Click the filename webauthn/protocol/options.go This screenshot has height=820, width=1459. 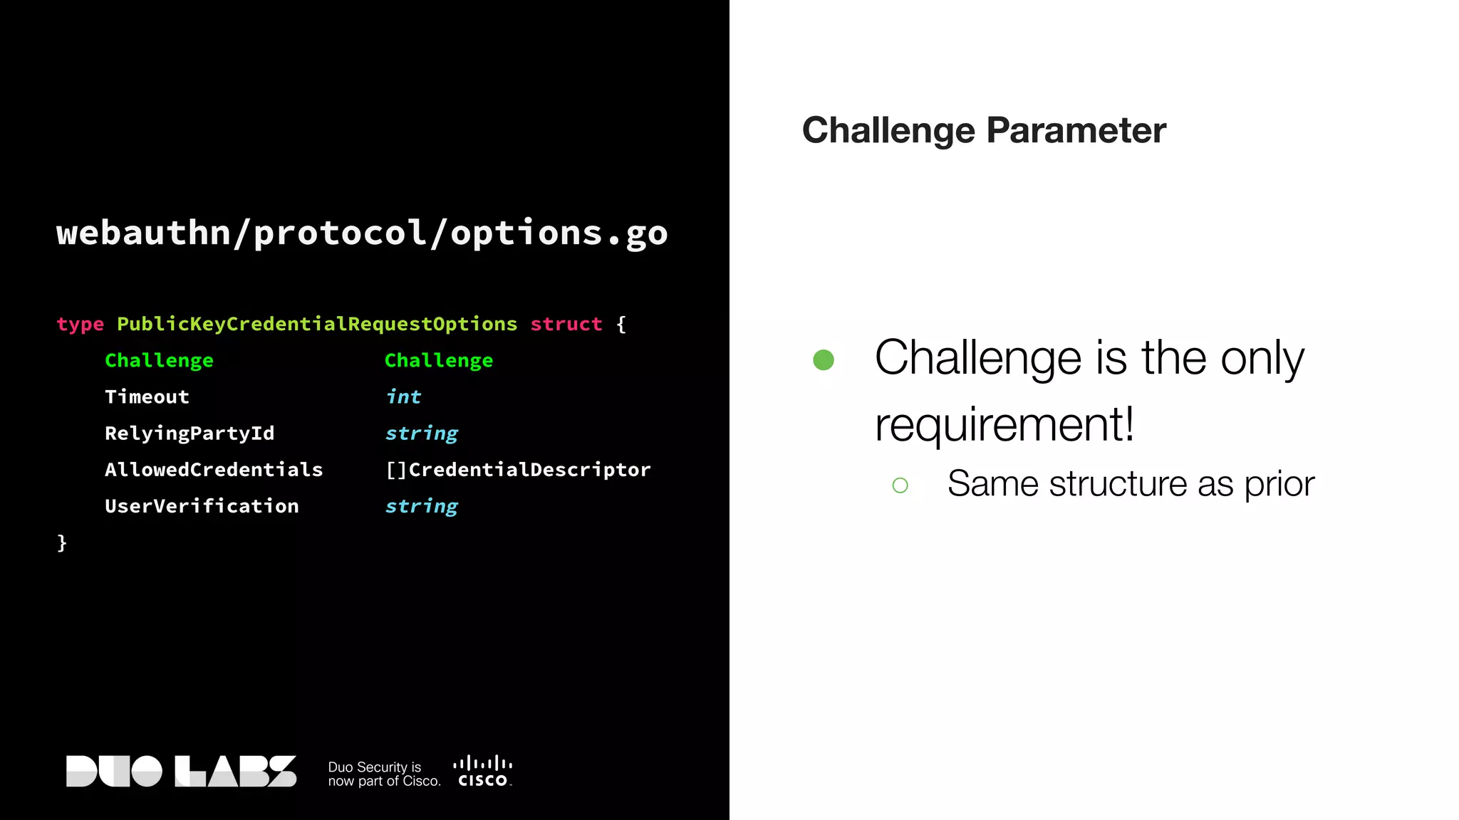pyautogui.click(x=362, y=233)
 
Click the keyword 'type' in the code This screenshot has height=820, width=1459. pyautogui.click(x=80, y=325)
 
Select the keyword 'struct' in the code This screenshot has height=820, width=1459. pyautogui.click(x=566, y=325)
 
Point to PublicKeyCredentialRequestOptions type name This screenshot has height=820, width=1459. pyautogui.click(x=317, y=325)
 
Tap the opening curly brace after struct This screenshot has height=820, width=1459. pyautogui.click(x=621, y=325)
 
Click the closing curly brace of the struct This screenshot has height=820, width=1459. pyautogui.click(x=62, y=543)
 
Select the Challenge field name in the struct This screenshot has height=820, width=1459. pyautogui.click(x=159, y=361)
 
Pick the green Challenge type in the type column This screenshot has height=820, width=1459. pyautogui.click(x=439, y=361)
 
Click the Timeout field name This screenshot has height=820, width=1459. pyautogui.click(x=147, y=397)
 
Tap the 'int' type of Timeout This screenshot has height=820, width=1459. pyautogui.click(x=403, y=397)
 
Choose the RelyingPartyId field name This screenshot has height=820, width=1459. pyautogui.click(x=189, y=433)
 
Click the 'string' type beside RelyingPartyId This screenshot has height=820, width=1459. pyautogui.click(x=422, y=433)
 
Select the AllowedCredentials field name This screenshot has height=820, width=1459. pyautogui.click(x=214, y=470)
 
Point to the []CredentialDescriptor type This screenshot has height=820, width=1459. pyautogui.click(x=518, y=470)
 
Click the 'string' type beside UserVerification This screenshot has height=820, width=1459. pyautogui.click(x=422, y=506)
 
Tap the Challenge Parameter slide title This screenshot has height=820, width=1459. pyautogui.click(x=984, y=131)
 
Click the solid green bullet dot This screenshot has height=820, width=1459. pyautogui.click(x=824, y=359)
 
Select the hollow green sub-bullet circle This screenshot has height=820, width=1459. pyautogui.click(x=900, y=485)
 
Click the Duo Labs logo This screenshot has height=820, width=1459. pyautogui.click(x=181, y=772)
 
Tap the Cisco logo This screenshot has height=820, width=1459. pyautogui.click(x=483, y=772)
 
